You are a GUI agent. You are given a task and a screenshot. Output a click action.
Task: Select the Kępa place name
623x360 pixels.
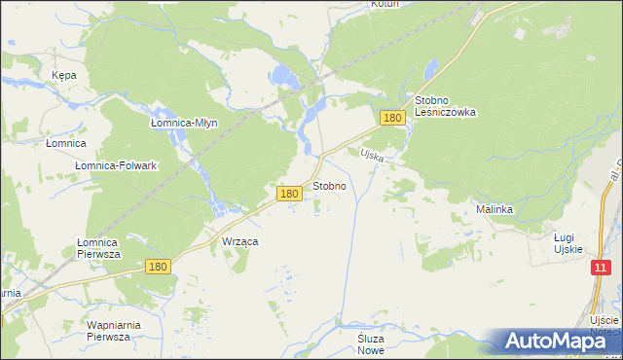pos(63,74)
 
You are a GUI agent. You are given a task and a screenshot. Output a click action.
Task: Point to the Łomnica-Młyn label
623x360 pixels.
pos(183,124)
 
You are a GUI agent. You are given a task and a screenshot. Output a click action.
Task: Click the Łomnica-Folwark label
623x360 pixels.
pos(116,165)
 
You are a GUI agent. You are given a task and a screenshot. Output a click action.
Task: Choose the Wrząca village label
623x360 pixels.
pos(239,239)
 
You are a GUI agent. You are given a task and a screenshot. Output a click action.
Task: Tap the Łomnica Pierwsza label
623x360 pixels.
pos(98,247)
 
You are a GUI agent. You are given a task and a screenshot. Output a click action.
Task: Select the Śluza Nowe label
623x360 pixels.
pos(370,343)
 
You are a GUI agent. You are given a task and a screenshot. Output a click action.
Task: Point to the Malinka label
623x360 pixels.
pos(494,209)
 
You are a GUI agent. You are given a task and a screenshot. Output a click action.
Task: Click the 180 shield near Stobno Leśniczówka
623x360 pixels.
pos(392,118)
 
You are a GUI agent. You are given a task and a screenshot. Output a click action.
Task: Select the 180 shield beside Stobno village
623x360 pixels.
pos(288,194)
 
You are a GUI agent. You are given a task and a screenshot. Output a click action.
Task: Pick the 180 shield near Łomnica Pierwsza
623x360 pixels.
pos(159,266)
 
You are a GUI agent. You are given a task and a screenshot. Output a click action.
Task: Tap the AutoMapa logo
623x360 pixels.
pos(555,341)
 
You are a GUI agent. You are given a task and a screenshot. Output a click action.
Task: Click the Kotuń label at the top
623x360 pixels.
pos(385,4)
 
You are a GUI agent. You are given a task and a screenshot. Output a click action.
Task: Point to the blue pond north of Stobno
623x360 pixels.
pos(285,75)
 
